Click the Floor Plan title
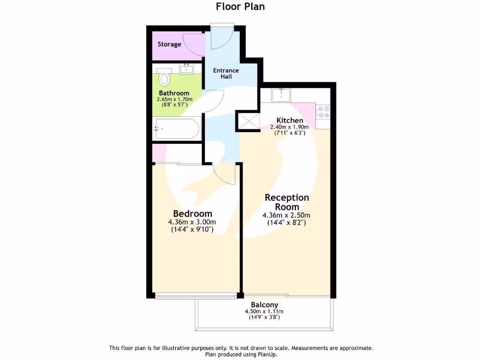pos(240,6)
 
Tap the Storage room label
pos(169,45)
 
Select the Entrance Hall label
pos(226,74)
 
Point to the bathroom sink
pos(187,69)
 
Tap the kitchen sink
pos(281,96)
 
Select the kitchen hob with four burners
pos(323,111)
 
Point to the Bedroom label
pos(193,213)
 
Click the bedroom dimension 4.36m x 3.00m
pos(193,222)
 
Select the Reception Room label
pos(286,202)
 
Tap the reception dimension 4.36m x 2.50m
pos(286,215)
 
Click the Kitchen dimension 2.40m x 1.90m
pos(290,127)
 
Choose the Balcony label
pos(264,305)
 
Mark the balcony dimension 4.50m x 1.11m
pos(264,311)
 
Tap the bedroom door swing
pos(225,173)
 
